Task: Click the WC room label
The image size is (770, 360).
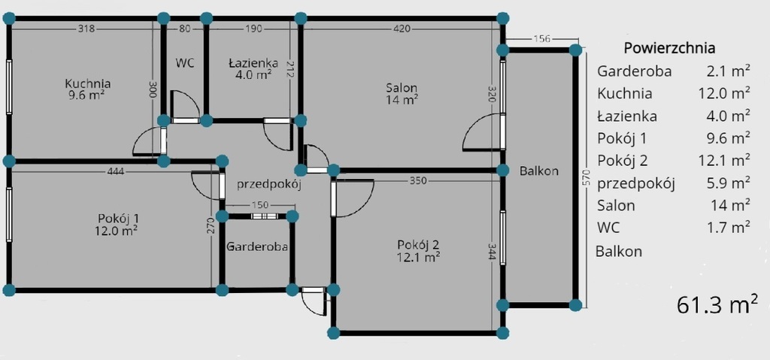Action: point(185,63)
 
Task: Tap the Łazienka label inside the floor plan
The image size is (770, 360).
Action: point(253,63)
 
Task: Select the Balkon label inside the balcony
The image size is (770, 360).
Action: point(538,171)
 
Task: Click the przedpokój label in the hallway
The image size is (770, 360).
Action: point(268,185)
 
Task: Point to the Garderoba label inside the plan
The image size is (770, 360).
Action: point(257,247)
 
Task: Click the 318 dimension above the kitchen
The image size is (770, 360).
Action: point(86,29)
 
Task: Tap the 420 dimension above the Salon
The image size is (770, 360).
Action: point(402,29)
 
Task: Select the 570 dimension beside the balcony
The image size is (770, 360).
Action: point(584,178)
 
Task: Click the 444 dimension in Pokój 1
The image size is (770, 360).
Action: point(115,171)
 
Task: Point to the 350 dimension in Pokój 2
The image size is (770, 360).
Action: point(418,180)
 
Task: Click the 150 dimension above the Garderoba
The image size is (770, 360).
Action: point(259,205)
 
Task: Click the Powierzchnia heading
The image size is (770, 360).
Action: point(669,49)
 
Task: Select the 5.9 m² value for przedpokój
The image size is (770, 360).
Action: point(728,183)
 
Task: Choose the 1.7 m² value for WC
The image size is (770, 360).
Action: point(728,227)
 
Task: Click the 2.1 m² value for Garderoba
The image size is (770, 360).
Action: point(728,71)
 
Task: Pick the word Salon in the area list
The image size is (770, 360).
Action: point(616,205)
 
